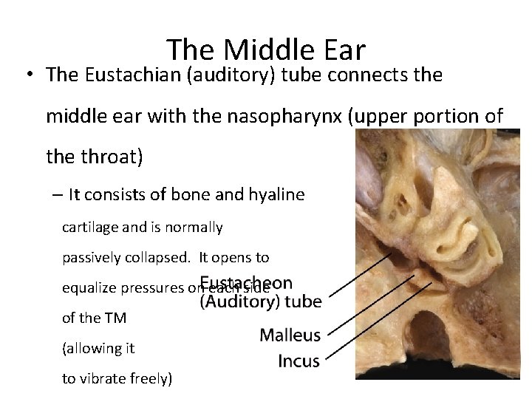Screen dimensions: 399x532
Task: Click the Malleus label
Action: tap(290, 335)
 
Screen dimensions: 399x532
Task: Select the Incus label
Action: tap(299, 361)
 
